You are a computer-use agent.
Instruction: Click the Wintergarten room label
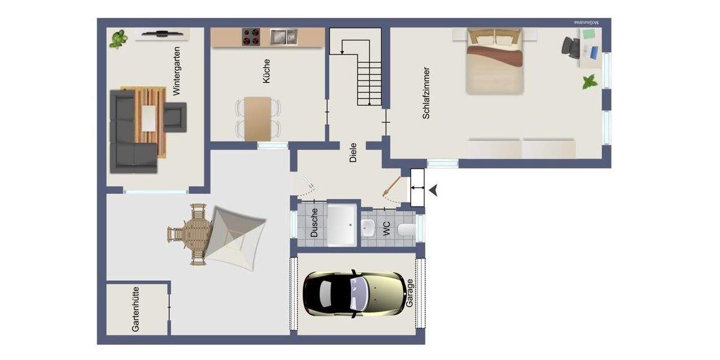176,72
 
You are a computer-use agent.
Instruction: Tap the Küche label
266,70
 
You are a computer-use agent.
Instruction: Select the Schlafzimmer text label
427,93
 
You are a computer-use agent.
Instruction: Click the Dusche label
314,223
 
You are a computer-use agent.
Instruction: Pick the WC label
386,228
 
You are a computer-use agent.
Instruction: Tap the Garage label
410,293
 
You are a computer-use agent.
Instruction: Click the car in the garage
353,295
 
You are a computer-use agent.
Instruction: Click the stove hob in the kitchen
251,37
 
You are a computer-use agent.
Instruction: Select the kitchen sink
283,37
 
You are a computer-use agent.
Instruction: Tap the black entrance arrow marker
433,190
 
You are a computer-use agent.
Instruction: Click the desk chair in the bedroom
570,46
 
